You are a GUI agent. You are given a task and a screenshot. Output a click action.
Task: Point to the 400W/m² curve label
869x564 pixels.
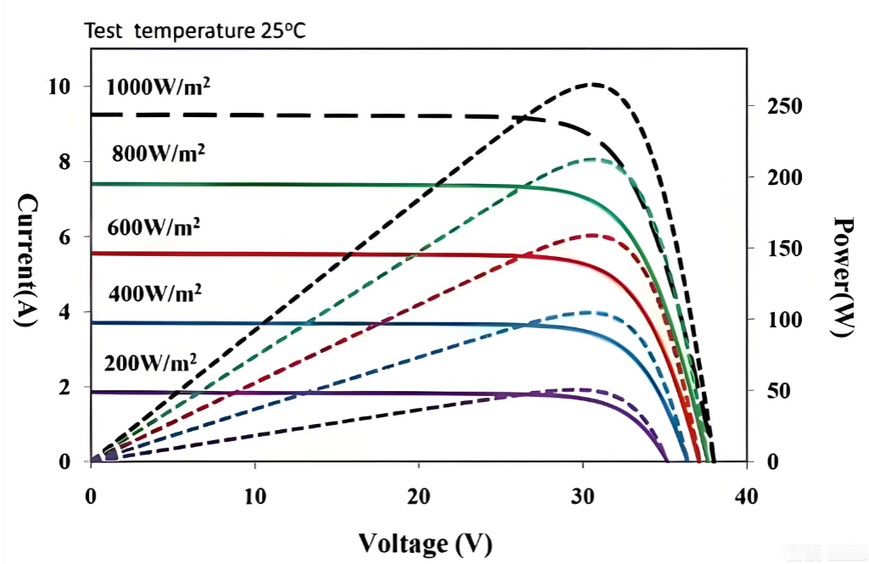coord(155,293)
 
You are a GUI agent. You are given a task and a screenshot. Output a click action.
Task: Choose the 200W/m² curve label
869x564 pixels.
coord(151,363)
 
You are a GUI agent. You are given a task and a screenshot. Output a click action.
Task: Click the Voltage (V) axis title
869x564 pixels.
coord(425,543)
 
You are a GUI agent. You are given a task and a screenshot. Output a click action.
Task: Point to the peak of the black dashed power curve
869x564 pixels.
coord(593,84)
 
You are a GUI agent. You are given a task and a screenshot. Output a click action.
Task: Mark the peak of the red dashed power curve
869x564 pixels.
coord(592,235)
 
